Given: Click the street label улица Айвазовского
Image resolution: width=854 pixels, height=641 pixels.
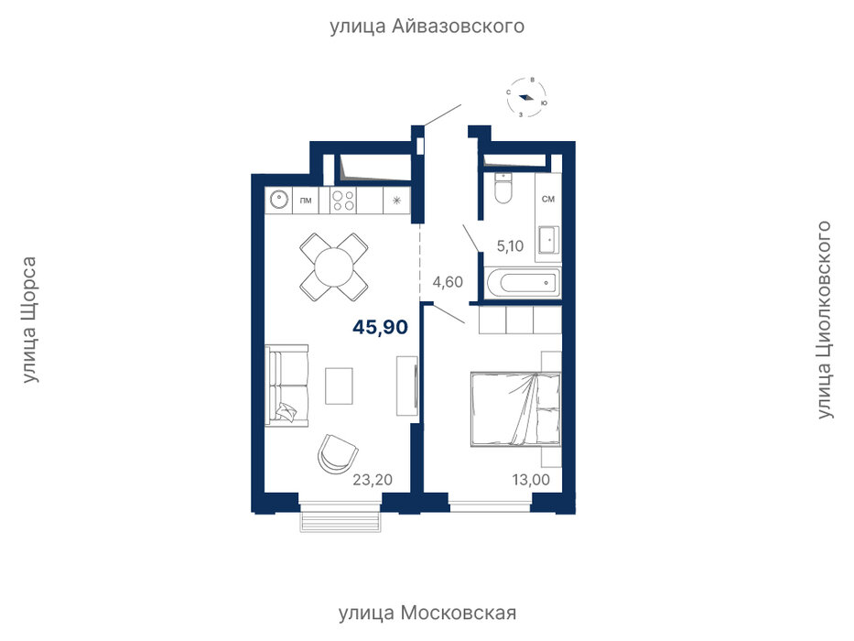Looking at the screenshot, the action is [x=427, y=27].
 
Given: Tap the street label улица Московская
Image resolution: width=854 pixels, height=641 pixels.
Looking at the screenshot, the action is [x=427, y=613].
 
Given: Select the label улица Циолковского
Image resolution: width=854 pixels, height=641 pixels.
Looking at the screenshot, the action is [x=824, y=320].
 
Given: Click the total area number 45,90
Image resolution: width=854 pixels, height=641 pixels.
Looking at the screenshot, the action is [x=380, y=327].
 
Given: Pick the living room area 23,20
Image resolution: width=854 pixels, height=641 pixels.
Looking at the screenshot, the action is [x=373, y=480].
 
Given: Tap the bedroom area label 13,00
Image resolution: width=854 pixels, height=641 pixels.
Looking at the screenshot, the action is [x=531, y=480].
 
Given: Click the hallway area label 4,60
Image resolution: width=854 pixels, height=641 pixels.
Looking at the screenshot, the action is [x=448, y=282].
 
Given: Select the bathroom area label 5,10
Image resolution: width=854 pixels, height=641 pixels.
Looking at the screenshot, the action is [x=510, y=245].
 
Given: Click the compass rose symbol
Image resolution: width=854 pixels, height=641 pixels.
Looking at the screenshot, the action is [x=526, y=98].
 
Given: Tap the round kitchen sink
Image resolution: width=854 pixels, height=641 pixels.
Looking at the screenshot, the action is [x=279, y=200].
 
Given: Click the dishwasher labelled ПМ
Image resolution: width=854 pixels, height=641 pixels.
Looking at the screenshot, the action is [x=306, y=200].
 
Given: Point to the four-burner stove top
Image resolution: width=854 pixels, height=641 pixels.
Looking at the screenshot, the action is [x=343, y=200].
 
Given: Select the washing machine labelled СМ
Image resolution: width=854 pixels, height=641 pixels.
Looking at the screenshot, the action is [x=548, y=199].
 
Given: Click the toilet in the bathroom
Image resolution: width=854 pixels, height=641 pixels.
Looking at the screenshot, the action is [x=503, y=189].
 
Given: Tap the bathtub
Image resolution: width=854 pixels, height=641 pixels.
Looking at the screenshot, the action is [x=523, y=283].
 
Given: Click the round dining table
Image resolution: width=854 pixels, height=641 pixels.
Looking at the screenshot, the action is [x=334, y=267].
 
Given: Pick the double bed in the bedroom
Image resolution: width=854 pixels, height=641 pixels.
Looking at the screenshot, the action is [x=515, y=408].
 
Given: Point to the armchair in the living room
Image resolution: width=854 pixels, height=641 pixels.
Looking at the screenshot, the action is [x=338, y=453].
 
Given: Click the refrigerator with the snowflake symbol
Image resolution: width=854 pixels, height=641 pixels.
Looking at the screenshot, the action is [x=397, y=200].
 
